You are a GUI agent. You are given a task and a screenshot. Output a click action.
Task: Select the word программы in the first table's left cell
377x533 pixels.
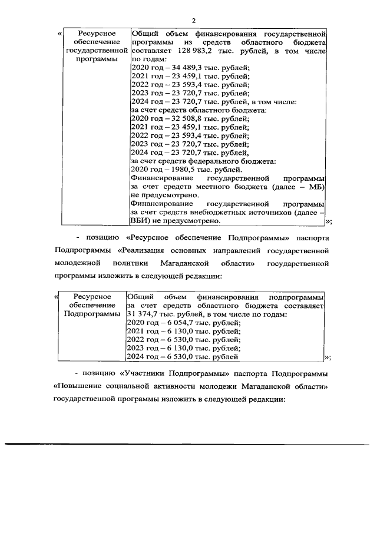[95, 59]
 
